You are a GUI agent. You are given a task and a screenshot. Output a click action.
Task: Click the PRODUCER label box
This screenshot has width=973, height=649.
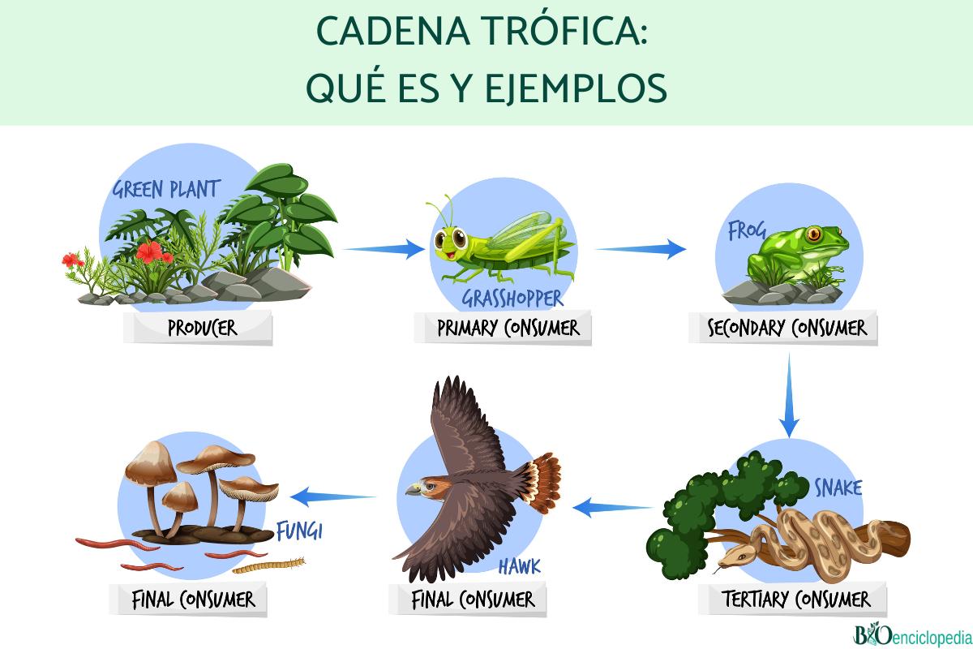pyautogui.click(x=202, y=329)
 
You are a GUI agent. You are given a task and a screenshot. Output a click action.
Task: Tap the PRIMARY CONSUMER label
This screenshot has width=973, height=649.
pyautogui.click(x=508, y=328)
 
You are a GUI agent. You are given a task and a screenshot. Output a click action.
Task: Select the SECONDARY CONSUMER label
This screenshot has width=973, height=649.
pyautogui.click(x=787, y=328)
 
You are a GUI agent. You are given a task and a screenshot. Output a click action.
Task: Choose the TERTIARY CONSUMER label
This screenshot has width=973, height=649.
pyautogui.click(x=795, y=600)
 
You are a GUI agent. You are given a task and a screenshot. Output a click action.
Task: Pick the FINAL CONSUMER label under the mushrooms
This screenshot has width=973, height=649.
pyautogui.click(x=193, y=600)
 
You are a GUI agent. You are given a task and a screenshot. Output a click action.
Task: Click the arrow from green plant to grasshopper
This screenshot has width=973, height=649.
pyautogui.click(x=385, y=248)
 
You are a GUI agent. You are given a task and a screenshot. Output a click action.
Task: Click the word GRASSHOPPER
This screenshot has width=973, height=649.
pyautogui.click(x=512, y=299)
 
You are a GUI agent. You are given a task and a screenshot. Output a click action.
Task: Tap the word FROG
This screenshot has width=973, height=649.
pyautogui.click(x=746, y=231)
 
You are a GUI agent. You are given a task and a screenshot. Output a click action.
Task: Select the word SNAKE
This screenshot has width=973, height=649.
pyautogui.click(x=838, y=488)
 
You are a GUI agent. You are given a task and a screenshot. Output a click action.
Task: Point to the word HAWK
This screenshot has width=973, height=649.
pyautogui.click(x=519, y=566)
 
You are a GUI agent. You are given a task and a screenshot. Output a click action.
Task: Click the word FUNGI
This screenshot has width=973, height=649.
pyautogui.click(x=299, y=532)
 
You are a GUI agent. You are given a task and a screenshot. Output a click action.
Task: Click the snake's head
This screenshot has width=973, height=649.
pyautogui.click(x=733, y=557)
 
